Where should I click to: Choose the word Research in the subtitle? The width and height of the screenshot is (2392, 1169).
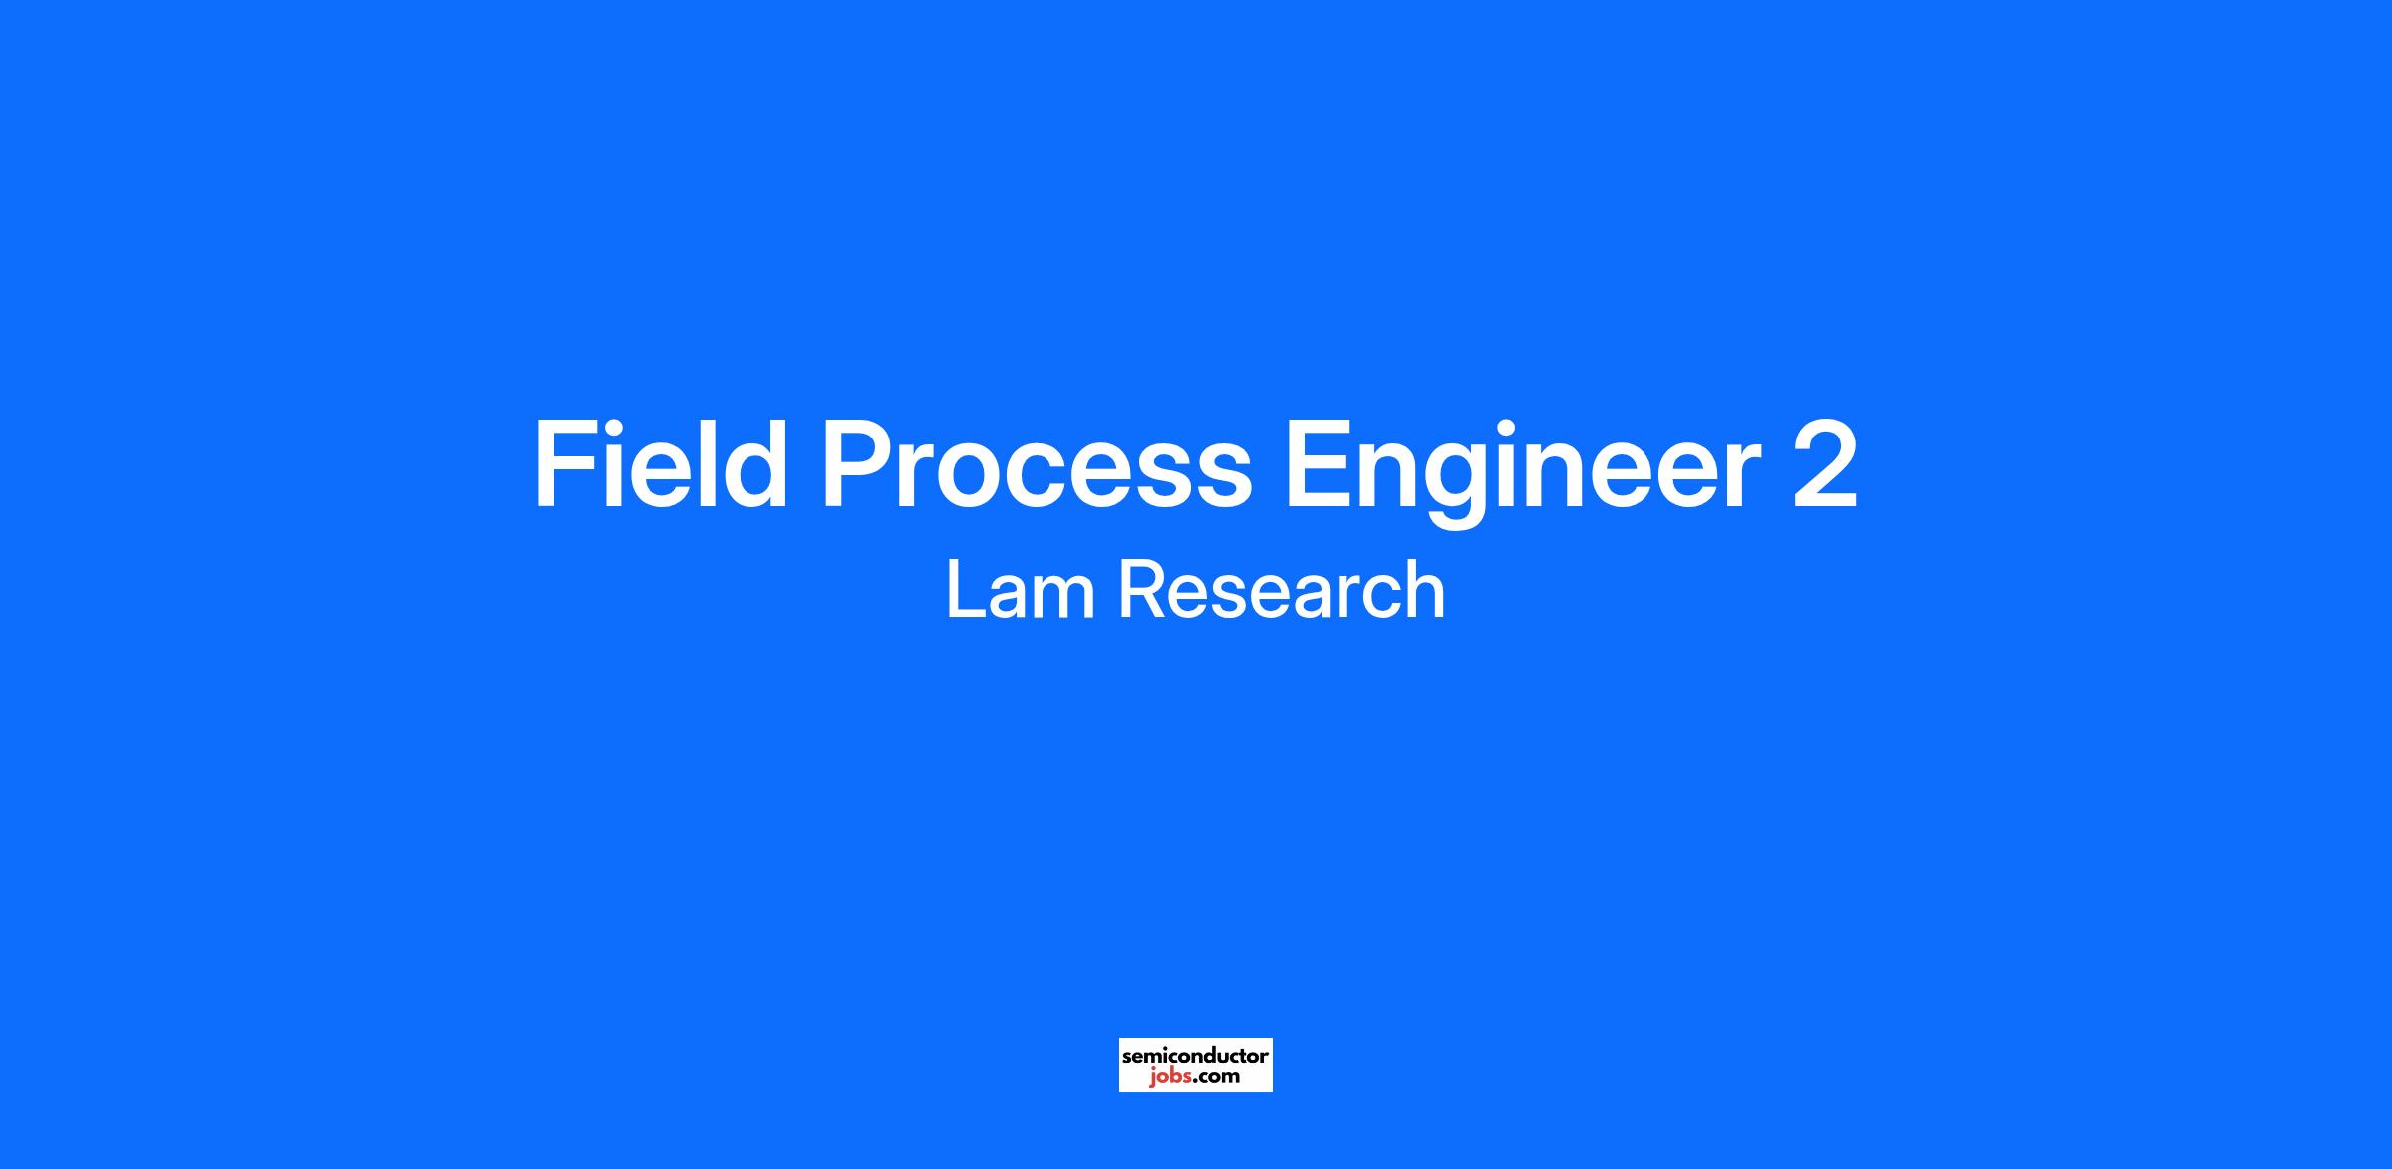1282,590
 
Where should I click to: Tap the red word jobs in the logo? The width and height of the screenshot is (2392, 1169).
1168,1077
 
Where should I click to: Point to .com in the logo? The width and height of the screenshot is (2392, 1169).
1215,1077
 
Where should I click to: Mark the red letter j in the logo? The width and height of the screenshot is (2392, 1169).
1152,1078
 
